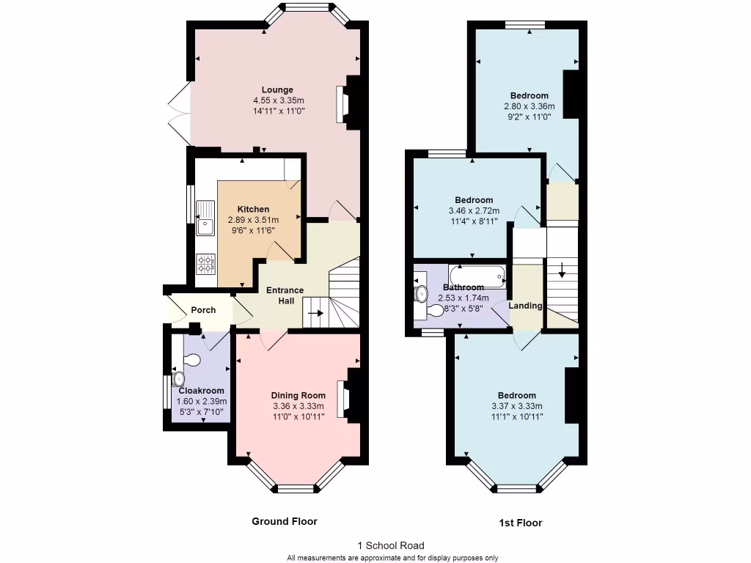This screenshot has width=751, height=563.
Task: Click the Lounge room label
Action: click(277, 90)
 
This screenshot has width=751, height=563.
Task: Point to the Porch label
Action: click(203, 310)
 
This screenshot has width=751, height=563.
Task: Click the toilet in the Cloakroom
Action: click(191, 360)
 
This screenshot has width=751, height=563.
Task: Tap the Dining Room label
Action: click(298, 396)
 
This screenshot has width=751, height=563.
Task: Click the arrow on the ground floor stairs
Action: click(316, 312)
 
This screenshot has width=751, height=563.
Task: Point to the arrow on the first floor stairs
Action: click(562, 269)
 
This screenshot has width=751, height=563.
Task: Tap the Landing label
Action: click(526, 306)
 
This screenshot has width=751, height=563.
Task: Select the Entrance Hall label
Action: click(285, 295)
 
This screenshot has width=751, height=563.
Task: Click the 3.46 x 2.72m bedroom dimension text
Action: click(474, 211)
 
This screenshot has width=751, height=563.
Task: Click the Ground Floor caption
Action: click(285, 521)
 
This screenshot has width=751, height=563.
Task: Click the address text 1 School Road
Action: click(390, 545)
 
